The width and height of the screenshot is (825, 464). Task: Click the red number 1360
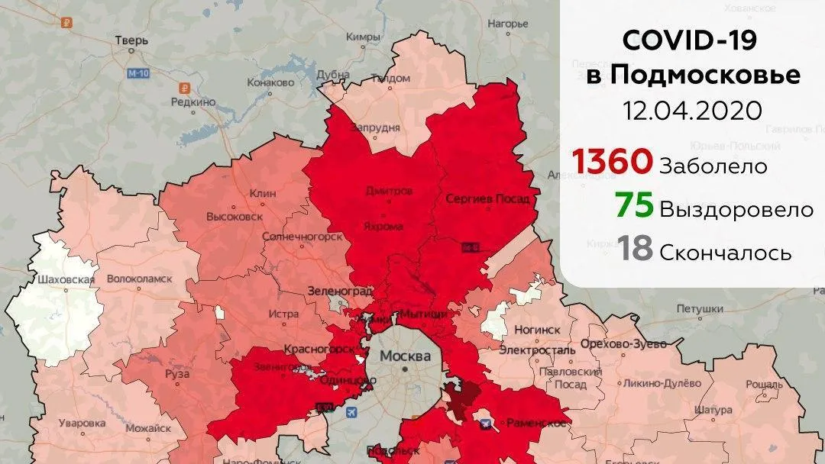[x=613, y=162]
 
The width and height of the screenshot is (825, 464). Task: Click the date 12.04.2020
[x=692, y=111]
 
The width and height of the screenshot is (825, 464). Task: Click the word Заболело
[x=713, y=166]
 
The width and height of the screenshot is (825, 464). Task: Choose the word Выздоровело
[x=736, y=209]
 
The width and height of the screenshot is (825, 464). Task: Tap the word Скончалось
[x=725, y=253]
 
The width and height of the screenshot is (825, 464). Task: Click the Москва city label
[x=405, y=356]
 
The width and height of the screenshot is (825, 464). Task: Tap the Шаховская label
[x=66, y=279]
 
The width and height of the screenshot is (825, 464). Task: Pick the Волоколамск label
[x=139, y=279]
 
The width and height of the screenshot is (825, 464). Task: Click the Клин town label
[x=263, y=194]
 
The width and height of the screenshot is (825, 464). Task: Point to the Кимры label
[x=363, y=36]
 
